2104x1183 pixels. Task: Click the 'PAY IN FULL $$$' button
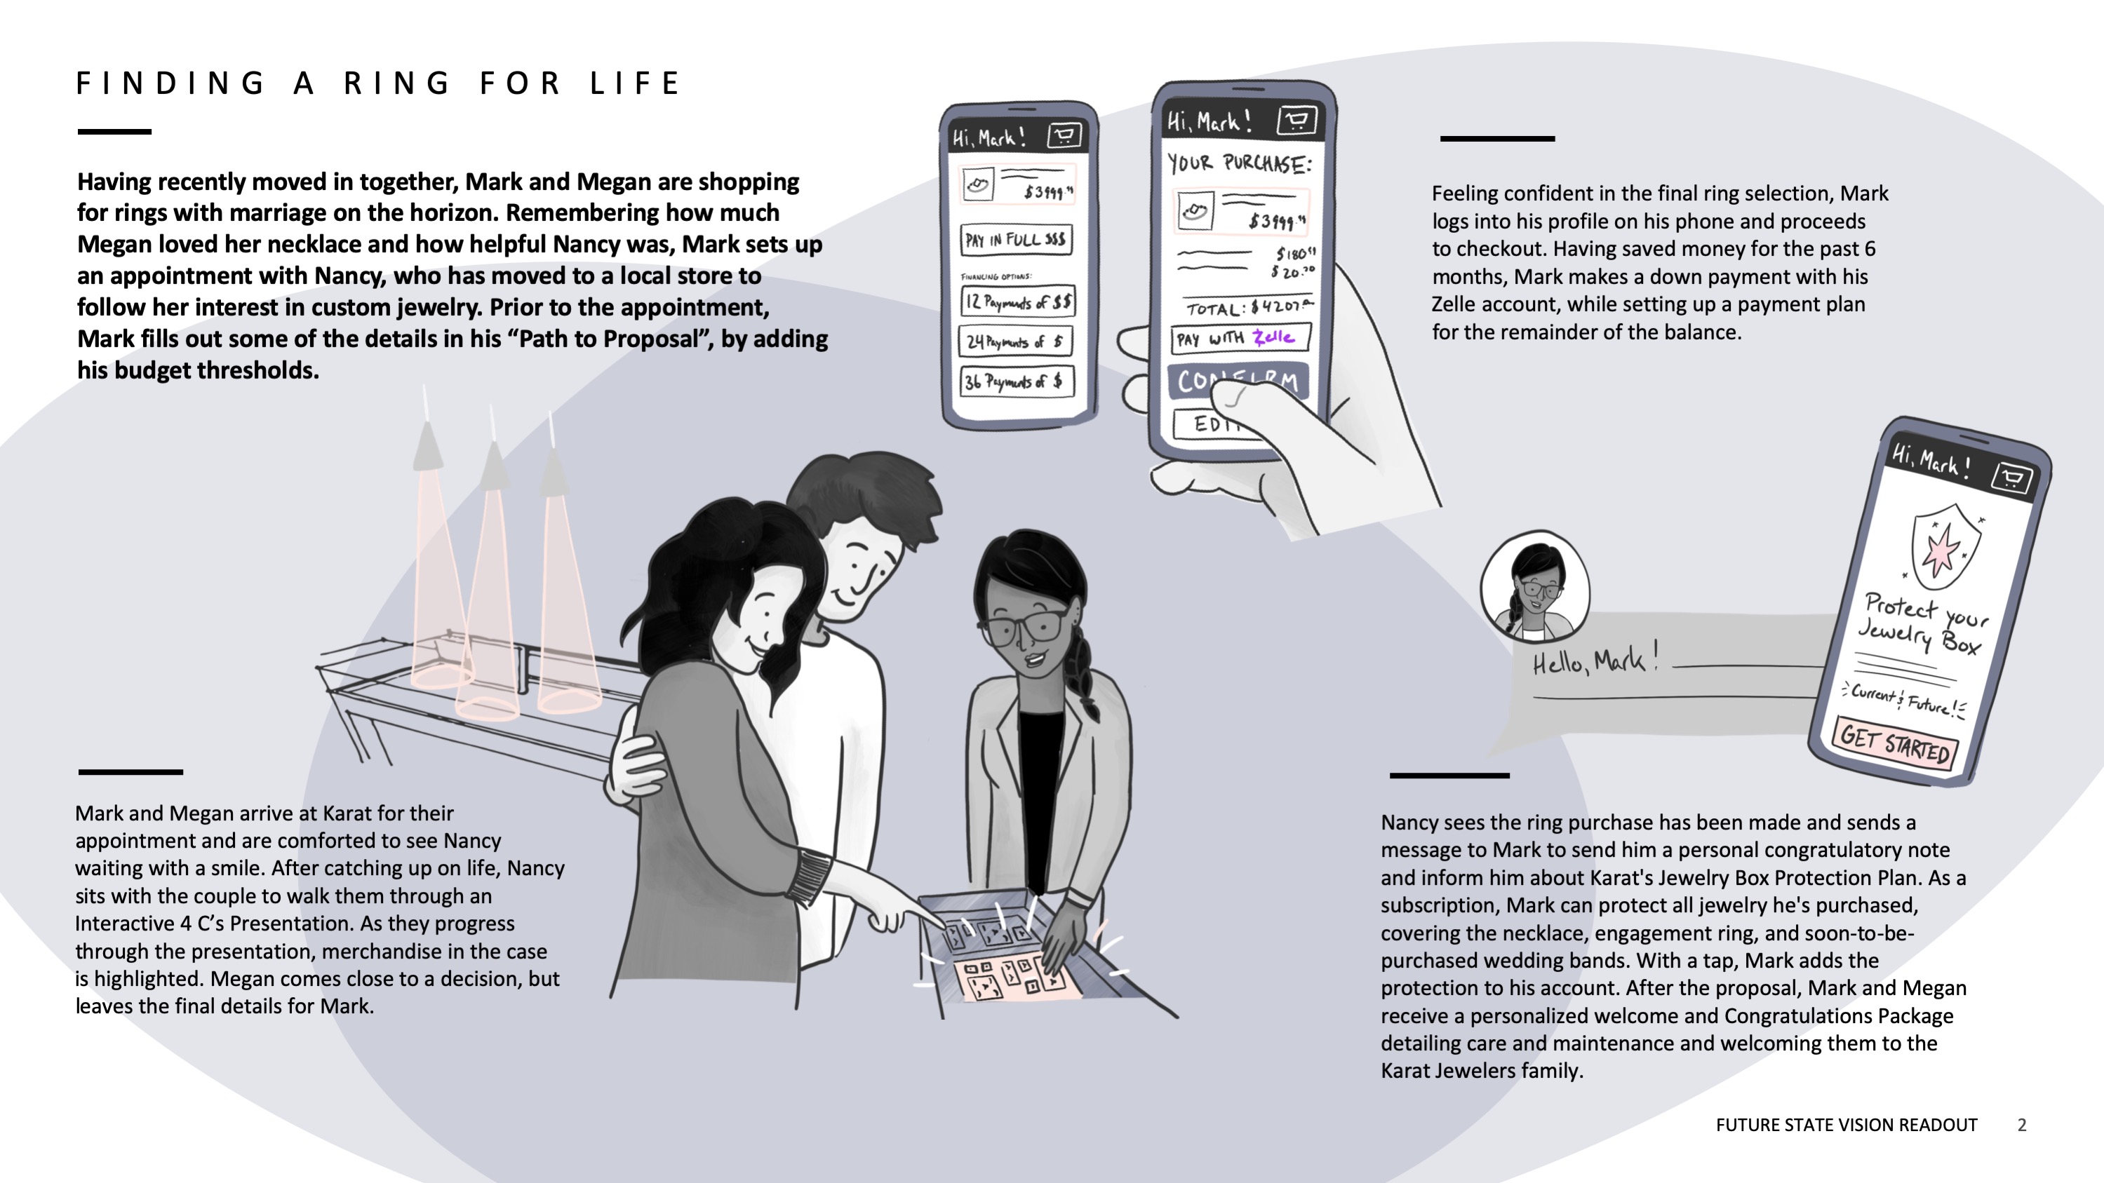point(1015,240)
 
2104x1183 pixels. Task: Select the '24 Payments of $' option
point(1015,342)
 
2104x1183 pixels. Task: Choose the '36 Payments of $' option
point(1015,381)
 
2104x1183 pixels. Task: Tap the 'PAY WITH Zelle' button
point(1239,337)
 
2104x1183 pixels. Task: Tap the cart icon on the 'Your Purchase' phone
point(1297,121)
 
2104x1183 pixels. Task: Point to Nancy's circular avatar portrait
point(1534,586)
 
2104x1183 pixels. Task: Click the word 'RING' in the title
point(397,83)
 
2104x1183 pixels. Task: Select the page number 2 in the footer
point(2021,1125)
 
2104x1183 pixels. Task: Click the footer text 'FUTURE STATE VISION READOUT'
point(1846,1125)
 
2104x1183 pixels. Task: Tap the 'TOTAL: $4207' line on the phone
point(1247,308)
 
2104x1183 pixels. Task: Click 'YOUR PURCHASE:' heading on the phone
point(1238,163)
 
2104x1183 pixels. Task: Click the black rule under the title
point(114,131)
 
